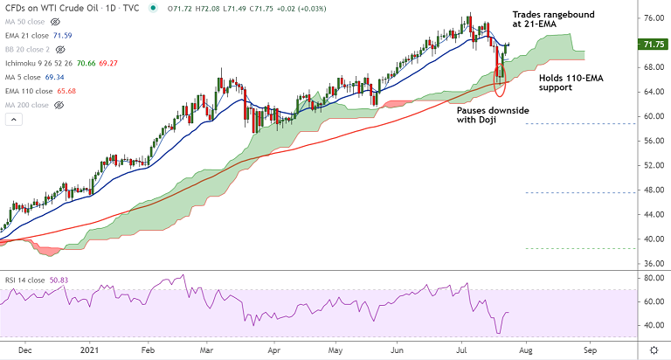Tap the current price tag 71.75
[x=652, y=44]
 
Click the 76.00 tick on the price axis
[x=651, y=17]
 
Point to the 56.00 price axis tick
[x=651, y=141]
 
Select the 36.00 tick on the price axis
[x=651, y=263]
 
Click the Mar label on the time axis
[x=206, y=349]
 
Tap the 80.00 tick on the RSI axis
[x=651, y=279]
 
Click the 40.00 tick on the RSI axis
[x=651, y=325]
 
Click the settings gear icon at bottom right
[x=654, y=349]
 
